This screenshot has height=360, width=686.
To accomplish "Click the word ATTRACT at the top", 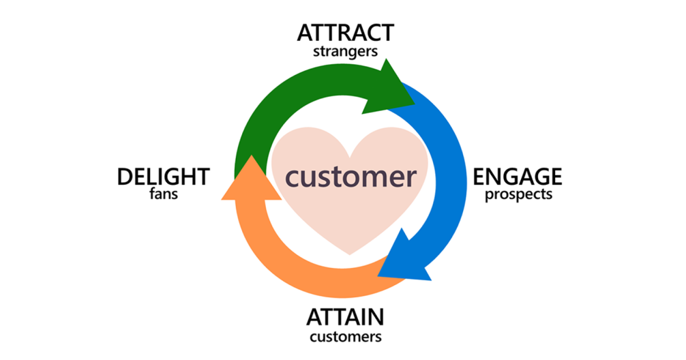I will [x=345, y=33].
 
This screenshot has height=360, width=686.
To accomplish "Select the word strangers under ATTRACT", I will [x=345, y=52].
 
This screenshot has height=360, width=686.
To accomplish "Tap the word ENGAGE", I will [x=517, y=176].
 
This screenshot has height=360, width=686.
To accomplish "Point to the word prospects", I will [x=518, y=194].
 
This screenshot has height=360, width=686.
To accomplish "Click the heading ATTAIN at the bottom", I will [x=345, y=318].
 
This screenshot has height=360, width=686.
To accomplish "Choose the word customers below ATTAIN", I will [x=345, y=337].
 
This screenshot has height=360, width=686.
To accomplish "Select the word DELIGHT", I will [x=163, y=176].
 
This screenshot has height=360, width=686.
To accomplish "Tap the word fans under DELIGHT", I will [x=163, y=194].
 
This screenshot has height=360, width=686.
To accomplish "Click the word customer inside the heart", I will [x=350, y=177].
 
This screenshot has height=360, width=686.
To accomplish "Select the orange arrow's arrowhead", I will [x=250, y=182].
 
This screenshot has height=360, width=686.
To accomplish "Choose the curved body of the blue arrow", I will [x=448, y=161].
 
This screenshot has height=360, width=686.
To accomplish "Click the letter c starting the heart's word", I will [x=292, y=178].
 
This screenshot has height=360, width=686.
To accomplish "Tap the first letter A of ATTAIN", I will [x=315, y=318].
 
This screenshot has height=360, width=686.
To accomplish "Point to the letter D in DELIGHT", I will [x=125, y=176].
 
